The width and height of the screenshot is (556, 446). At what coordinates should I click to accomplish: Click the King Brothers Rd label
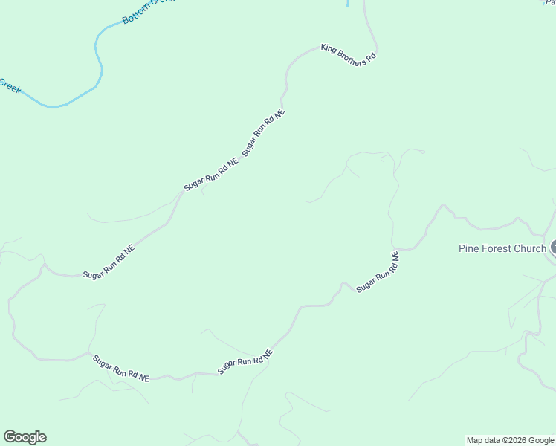click(349, 55)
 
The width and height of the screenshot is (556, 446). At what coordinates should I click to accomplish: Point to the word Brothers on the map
click(350, 56)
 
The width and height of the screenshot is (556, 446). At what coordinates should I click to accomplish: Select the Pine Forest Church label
click(502, 248)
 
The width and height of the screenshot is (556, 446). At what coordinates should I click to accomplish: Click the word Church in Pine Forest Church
click(530, 248)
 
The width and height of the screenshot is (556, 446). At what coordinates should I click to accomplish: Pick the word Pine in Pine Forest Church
click(469, 248)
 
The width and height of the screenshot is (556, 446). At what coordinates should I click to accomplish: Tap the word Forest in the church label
click(496, 248)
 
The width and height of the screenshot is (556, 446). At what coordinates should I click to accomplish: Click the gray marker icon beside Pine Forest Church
click(553, 248)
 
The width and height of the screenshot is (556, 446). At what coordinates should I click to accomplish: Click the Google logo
click(25, 437)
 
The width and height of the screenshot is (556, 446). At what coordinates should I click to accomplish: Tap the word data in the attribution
click(494, 440)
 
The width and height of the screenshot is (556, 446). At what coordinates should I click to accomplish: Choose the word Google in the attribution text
click(543, 440)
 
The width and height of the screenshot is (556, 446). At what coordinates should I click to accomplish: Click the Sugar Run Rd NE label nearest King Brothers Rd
click(264, 132)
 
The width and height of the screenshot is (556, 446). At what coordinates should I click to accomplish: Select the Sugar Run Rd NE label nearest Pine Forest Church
click(378, 272)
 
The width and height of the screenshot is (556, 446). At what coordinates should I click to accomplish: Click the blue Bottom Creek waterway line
click(97, 59)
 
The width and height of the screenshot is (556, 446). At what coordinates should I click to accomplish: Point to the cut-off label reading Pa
click(550, 3)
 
